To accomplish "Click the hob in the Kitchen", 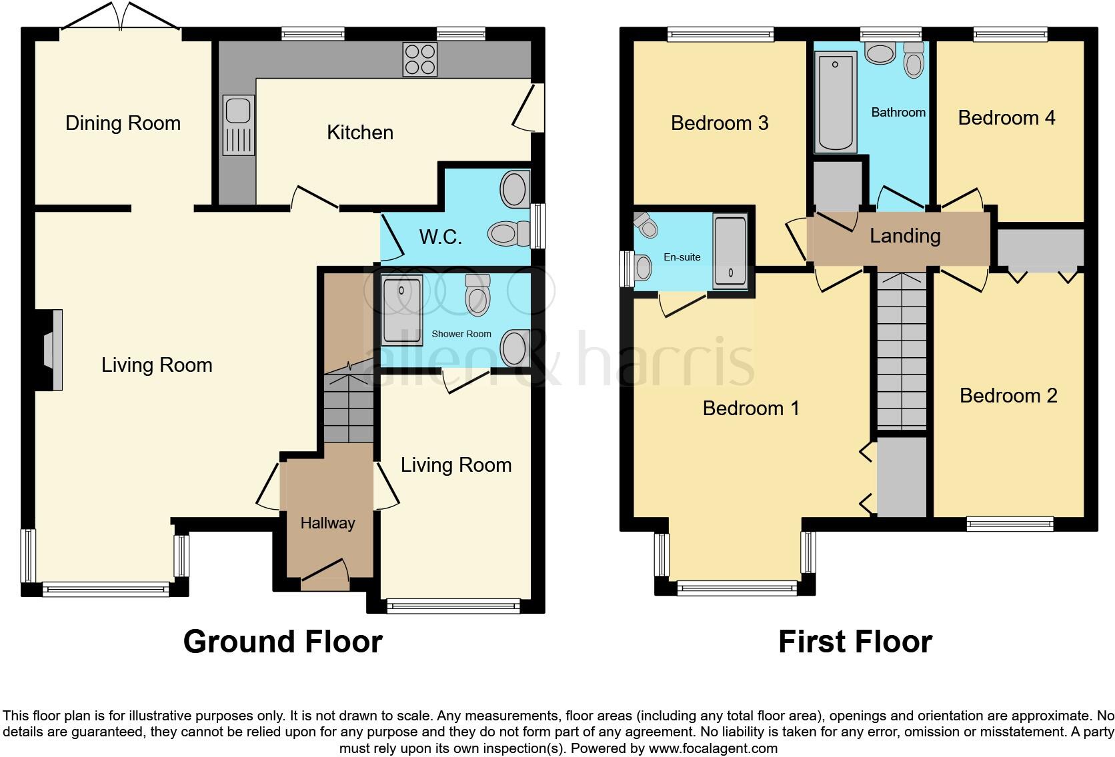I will (420, 59).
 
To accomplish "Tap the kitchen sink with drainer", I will (238, 125).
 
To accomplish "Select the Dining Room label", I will (123, 123).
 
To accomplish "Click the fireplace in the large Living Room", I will (51, 350).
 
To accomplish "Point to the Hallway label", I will (327, 523).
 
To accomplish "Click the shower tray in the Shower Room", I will (402, 311).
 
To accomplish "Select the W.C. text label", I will (440, 237).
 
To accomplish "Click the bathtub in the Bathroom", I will (835, 103).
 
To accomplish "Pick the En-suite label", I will (682, 257).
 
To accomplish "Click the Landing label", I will (905, 236).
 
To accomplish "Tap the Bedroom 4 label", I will (1006, 118).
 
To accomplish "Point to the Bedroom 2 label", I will (1008, 396).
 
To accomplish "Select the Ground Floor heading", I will (283, 642).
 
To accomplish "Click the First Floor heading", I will (854, 642).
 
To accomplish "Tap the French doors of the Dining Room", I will (121, 17).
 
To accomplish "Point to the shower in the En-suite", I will (730, 252).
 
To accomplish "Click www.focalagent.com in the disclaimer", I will (712, 748).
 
